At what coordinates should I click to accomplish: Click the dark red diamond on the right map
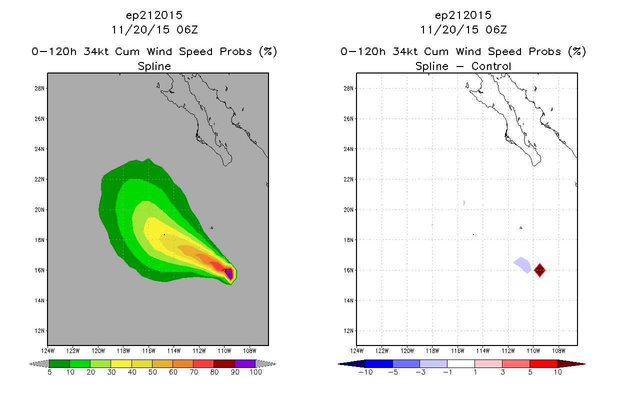point(539,270)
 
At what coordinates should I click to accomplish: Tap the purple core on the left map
point(229,274)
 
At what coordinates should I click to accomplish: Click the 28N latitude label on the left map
point(39,88)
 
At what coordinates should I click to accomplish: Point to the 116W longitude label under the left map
point(148,351)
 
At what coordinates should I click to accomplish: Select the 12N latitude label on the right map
point(348,331)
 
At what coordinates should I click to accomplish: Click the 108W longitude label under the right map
point(558,351)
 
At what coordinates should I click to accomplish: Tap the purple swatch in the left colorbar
point(245,363)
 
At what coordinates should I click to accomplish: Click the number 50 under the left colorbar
point(152,372)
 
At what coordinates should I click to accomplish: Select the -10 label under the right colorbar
point(365,372)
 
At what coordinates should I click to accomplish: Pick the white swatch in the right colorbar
point(460,363)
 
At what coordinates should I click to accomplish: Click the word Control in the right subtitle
point(491,66)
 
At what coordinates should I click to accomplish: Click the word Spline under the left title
point(154,66)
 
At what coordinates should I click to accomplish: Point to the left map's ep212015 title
point(154,15)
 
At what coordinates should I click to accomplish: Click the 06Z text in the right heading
point(496,29)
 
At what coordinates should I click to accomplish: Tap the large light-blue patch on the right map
point(522,265)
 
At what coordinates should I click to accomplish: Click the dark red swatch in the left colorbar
point(224,363)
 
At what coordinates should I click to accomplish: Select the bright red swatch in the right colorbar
point(543,363)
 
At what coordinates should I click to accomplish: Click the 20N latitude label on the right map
point(348,209)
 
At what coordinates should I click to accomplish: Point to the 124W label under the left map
point(47,351)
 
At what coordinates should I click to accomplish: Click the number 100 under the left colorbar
point(255,372)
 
